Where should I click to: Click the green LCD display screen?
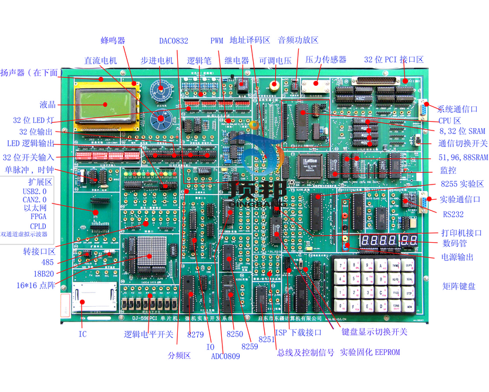coord(106,104)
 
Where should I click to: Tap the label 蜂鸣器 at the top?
coord(113,41)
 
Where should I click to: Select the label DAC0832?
coord(174,41)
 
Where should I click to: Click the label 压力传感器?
coord(326,60)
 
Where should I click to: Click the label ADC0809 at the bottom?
coord(225,356)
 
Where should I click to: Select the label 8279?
coord(195,334)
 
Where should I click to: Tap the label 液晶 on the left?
coord(48,105)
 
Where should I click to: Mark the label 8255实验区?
coord(456,184)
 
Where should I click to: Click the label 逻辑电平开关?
coord(149,334)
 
